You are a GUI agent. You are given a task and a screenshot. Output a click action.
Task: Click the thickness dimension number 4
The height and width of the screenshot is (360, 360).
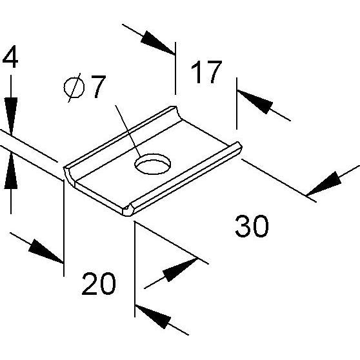click(x=10, y=57)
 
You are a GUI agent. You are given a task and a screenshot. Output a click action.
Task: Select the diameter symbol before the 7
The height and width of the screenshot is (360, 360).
click(x=74, y=88)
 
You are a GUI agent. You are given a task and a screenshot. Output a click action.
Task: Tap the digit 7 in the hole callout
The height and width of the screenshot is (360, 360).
click(x=98, y=86)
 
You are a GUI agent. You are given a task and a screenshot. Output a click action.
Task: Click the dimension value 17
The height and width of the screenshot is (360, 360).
click(x=206, y=72)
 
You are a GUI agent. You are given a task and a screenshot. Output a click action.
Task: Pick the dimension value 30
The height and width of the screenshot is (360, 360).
click(x=252, y=226)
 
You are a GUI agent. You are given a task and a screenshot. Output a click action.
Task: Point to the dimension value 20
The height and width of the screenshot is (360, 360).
click(x=99, y=283)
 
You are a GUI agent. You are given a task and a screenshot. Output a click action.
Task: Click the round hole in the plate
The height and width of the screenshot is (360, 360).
click(x=153, y=164)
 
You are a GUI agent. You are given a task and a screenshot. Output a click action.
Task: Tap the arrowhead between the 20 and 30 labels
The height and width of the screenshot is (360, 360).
click(x=180, y=270)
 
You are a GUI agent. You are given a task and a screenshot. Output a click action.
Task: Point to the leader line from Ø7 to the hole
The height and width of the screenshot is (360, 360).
click(x=128, y=132)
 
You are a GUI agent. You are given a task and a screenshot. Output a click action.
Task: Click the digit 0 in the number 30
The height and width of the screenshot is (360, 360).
click(x=261, y=226)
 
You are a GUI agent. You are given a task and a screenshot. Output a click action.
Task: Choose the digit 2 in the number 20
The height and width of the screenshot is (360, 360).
click(x=89, y=283)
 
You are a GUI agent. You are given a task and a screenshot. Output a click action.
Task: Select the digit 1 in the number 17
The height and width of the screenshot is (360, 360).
click(x=196, y=72)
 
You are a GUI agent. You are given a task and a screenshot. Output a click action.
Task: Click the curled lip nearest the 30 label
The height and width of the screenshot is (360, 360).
click(x=184, y=179)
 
